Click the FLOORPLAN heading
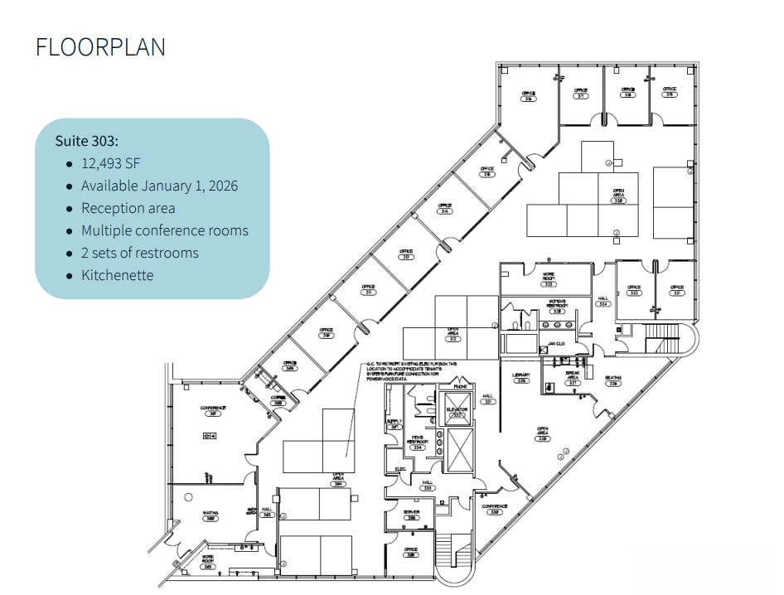point(100,47)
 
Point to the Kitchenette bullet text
point(117,275)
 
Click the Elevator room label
point(457,410)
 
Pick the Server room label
point(411,514)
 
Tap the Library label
point(520,376)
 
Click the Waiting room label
point(210,515)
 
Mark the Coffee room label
point(279,399)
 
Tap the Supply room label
point(394,422)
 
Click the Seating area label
point(613,380)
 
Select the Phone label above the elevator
point(458,386)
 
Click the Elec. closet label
point(400,470)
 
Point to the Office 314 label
point(445,208)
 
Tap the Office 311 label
point(369,290)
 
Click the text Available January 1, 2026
point(159,186)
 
